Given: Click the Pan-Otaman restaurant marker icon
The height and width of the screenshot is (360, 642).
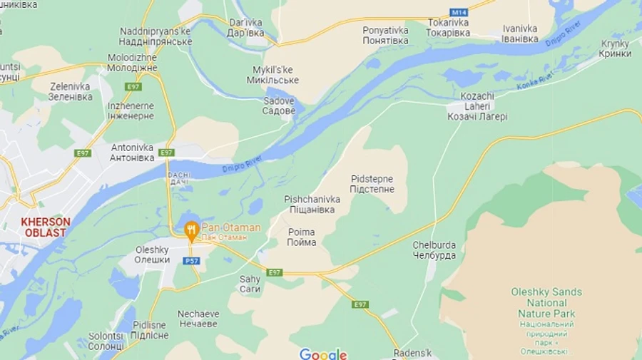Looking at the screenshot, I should [x=191, y=230].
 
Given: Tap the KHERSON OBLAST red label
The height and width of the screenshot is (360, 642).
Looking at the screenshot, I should [x=46, y=227].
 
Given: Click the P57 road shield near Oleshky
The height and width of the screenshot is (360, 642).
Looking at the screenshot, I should [x=191, y=261].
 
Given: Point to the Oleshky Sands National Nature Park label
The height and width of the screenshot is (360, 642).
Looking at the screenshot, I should [x=546, y=303].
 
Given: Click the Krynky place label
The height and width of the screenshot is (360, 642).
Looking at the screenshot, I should [x=615, y=48].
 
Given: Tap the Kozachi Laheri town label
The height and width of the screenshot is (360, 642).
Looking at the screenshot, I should [x=477, y=106].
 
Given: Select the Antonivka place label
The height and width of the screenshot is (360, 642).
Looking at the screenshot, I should [x=132, y=153].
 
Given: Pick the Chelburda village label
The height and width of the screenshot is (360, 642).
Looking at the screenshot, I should [x=434, y=250].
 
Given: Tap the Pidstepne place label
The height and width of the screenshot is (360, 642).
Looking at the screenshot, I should [x=372, y=184].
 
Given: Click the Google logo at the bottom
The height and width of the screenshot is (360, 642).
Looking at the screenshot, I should [x=322, y=354].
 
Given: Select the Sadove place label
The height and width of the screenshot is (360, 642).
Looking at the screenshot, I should [x=278, y=106].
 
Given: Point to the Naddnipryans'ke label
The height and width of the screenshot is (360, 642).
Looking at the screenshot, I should [x=156, y=36].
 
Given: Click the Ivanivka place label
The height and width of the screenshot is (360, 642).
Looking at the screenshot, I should [x=520, y=34].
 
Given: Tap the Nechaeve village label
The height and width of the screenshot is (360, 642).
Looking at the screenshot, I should [x=198, y=319].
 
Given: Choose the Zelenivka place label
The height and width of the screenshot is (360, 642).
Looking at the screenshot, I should [x=70, y=91].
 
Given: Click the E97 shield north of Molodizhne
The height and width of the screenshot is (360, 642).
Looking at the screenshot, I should [x=133, y=86].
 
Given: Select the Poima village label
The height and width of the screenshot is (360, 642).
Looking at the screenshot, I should [x=302, y=237].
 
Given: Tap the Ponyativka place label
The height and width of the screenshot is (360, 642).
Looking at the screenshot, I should [x=385, y=36].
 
